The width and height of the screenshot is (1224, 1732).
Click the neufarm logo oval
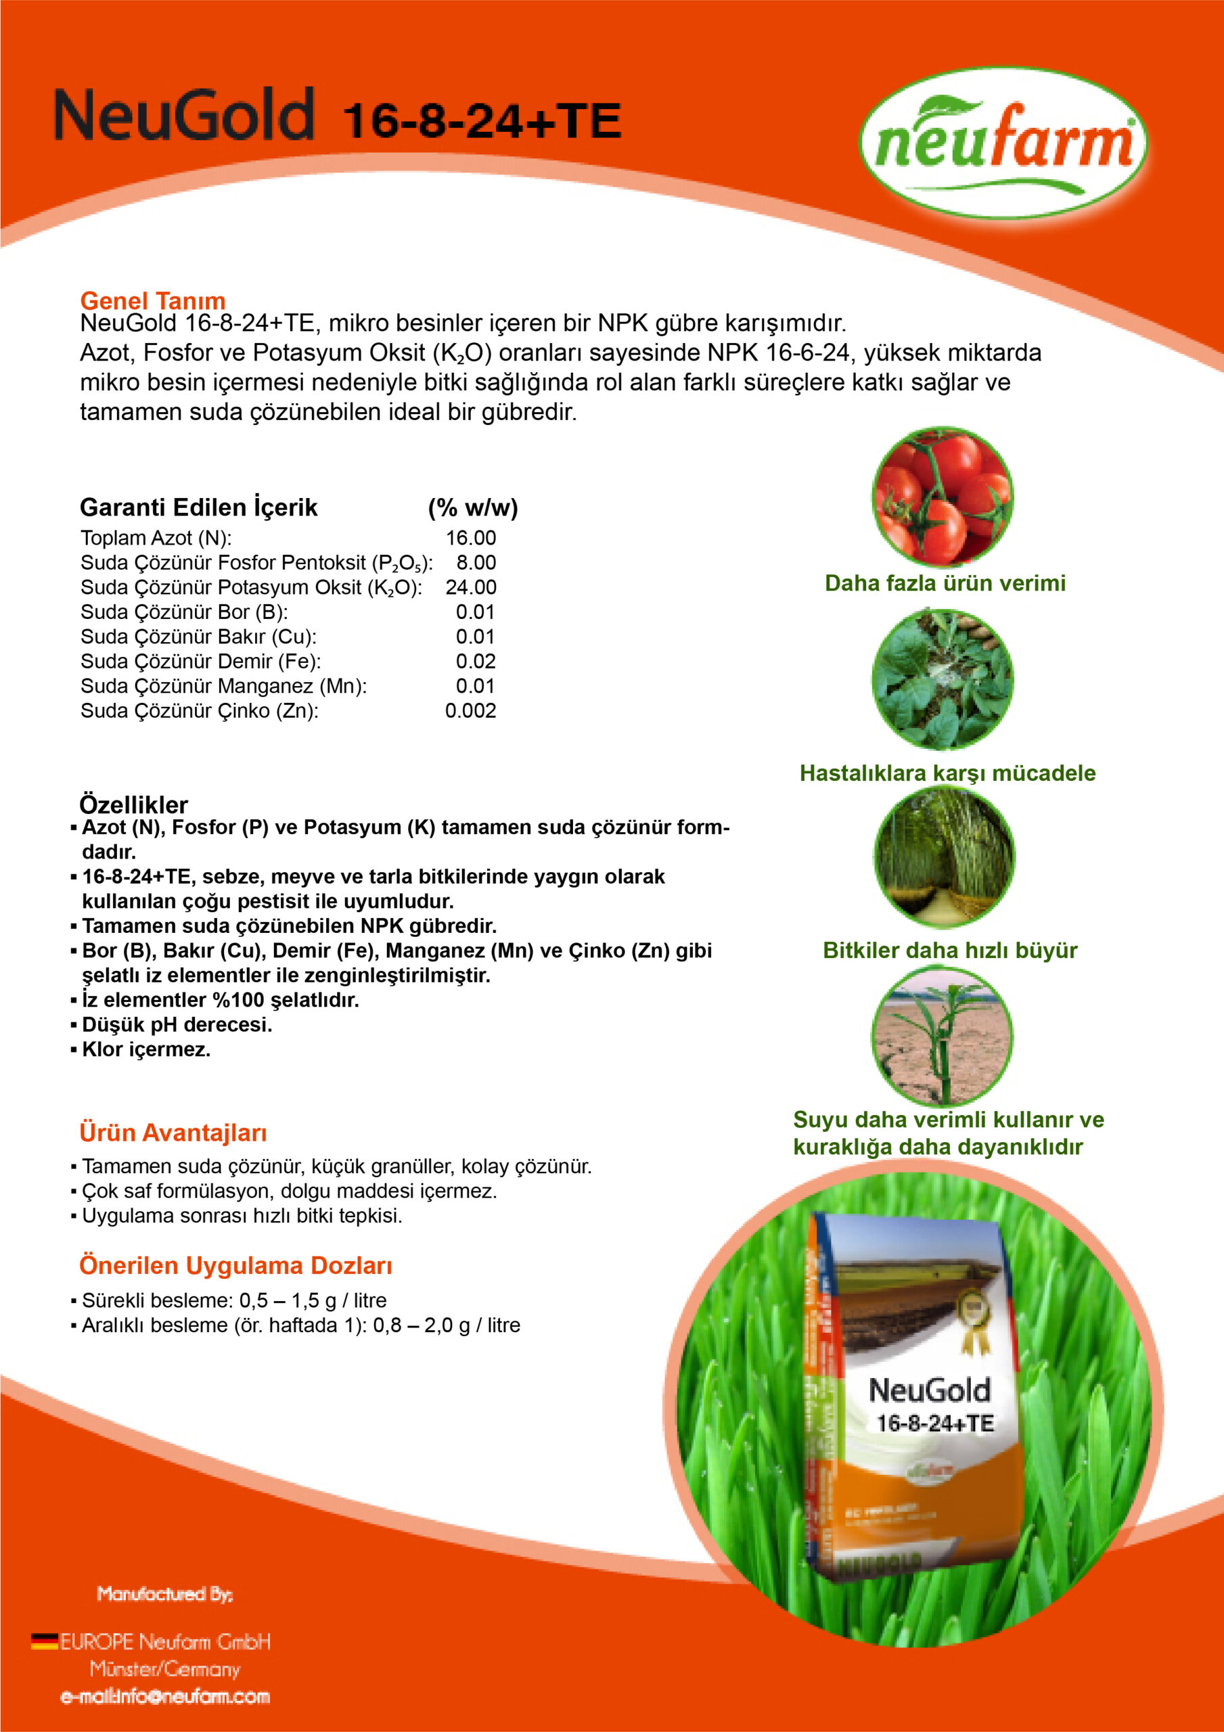[x=1003, y=143]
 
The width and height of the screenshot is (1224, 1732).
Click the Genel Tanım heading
[x=152, y=300]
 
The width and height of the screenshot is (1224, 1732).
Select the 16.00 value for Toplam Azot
[x=471, y=538]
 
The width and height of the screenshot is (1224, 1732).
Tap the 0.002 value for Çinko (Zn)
[x=471, y=710]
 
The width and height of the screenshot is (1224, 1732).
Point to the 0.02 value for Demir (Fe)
[x=476, y=661]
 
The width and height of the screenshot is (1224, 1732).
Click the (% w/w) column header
[x=473, y=507]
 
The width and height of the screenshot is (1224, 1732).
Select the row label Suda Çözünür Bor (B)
[x=184, y=612]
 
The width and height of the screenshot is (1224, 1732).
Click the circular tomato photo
[x=943, y=497]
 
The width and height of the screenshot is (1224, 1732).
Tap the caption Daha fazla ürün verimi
[x=945, y=583]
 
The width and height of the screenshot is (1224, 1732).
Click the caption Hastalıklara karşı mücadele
[x=948, y=773]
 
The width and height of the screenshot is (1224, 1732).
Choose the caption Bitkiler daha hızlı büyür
[x=950, y=950]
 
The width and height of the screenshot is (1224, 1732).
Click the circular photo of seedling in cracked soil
[x=943, y=1036]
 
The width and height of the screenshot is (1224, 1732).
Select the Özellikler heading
[x=133, y=804]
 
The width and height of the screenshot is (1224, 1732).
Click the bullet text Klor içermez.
[x=146, y=1049]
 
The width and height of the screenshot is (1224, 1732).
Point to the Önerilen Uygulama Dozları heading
[x=235, y=1265]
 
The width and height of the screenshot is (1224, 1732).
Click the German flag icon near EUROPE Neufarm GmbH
[x=45, y=1641]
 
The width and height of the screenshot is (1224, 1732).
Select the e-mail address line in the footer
[x=165, y=1697]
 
